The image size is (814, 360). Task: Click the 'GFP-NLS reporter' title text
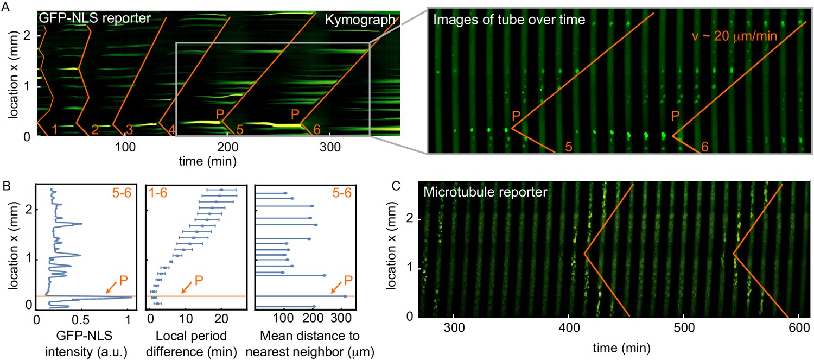[93, 18]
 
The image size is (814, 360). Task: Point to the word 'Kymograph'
[360, 20]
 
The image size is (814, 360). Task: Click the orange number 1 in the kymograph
[54, 129]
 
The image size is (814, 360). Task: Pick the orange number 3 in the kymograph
[129, 129]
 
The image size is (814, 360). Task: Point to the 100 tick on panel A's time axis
[125, 147]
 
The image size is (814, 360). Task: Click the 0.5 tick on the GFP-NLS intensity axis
[82, 317]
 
